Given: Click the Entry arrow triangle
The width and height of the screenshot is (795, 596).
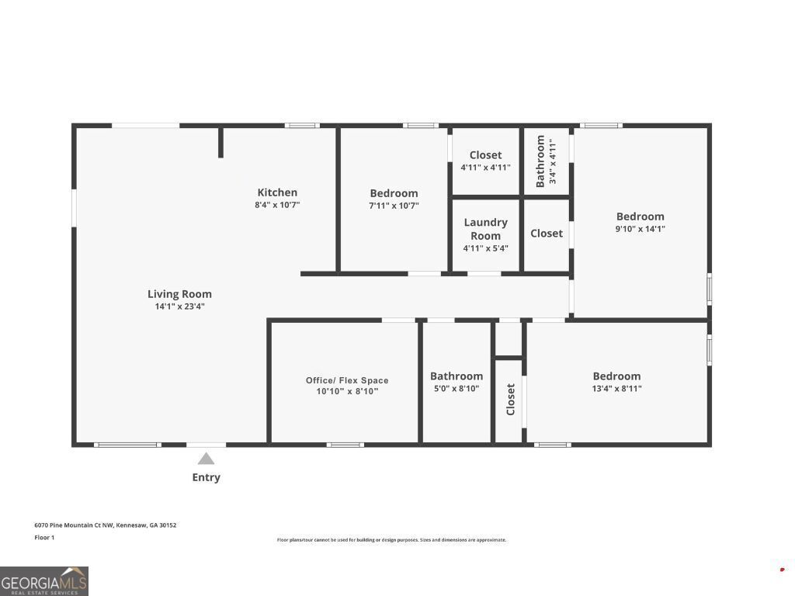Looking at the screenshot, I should pyautogui.click(x=206, y=459).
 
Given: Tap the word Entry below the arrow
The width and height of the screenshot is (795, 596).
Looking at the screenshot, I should pyautogui.click(x=206, y=477).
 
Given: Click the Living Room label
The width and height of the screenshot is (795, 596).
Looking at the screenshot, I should pyautogui.click(x=179, y=294).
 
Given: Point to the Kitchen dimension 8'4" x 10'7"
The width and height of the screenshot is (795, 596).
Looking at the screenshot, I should pyautogui.click(x=277, y=205).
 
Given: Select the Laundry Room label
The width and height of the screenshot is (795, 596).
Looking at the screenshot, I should pyautogui.click(x=485, y=229).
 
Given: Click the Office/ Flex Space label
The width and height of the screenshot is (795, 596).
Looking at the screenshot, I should pyautogui.click(x=347, y=380).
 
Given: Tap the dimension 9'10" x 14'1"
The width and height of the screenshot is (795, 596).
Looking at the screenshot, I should pyautogui.click(x=641, y=229).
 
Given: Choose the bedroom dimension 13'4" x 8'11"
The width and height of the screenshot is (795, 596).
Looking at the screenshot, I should pyautogui.click(x=616, y=389).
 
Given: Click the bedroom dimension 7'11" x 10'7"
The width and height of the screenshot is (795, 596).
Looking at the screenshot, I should pyautogui.click(x=394, y=206).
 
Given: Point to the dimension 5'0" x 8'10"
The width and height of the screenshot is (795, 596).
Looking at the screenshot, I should pyautogui.click(x=456, y=389).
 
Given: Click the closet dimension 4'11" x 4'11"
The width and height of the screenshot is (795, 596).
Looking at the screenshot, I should pyautogui.click(x=485, y=167).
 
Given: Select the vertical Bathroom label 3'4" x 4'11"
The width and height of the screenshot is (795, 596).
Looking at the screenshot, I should pyautogui.click(x=546, y=161).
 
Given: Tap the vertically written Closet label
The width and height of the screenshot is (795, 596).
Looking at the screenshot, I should pyautogui.click(x=510, y=400).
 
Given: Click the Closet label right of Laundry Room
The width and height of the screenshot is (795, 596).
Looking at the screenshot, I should pyautogui.click(x=547, y=234).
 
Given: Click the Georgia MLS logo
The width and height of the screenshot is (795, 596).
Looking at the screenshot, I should pyautogui.click(x=44, y=580).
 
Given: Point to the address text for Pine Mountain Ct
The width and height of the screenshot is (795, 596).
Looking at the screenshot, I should pyautogui.click(x=105, y=525).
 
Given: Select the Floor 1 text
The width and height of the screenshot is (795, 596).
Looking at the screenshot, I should pyautogui.click(x=44, y=537).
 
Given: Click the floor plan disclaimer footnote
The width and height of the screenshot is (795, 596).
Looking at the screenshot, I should pyautogui.click(x=391, y=540).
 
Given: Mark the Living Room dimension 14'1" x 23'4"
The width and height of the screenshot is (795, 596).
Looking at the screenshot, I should pyautogui.click(x=179, y=307).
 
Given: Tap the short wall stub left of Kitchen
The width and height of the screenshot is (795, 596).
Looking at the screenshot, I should pyautogui.click(x=220, y=143).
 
